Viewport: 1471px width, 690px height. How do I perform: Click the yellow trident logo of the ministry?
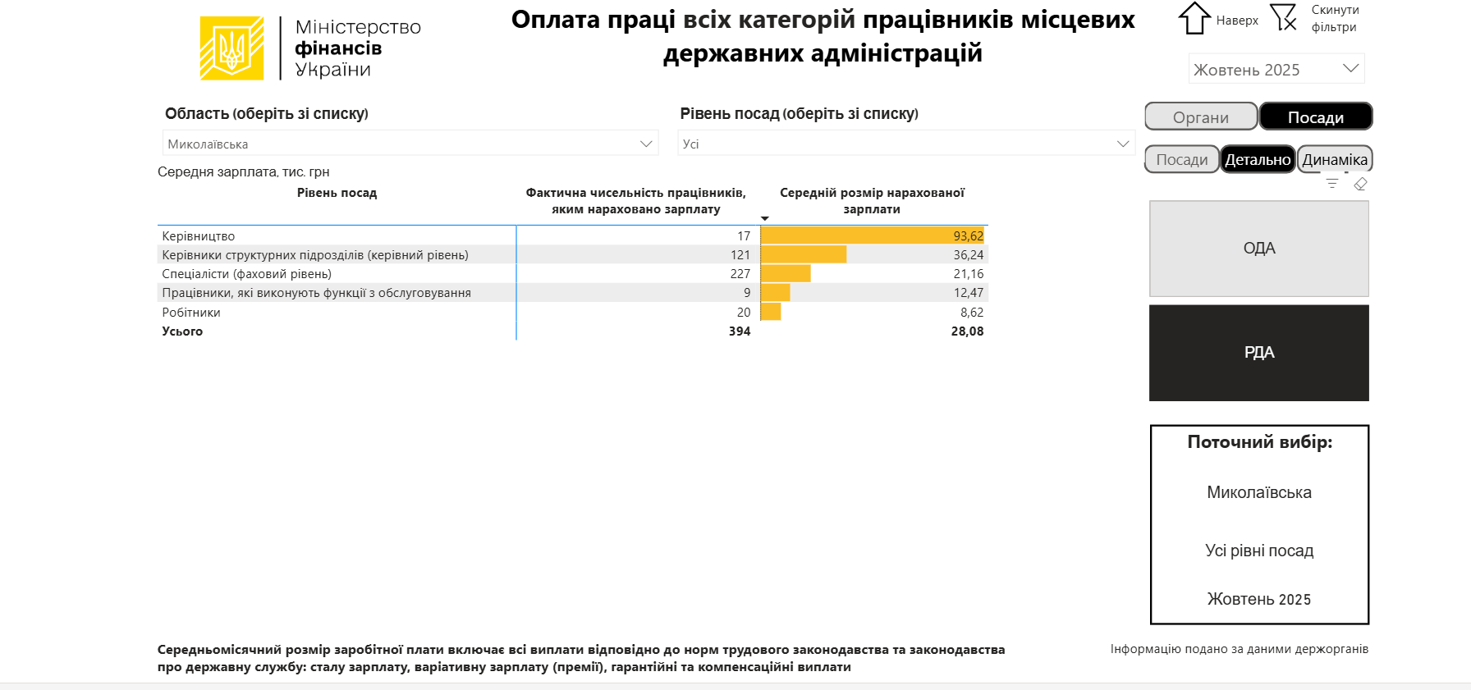point(231,48)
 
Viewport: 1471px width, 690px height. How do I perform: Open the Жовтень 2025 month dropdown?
point(1276,70)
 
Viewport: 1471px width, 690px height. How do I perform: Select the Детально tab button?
point(1258,160)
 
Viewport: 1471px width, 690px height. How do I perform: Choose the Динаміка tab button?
point(1335,160)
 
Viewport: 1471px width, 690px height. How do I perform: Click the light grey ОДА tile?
point(1258,249)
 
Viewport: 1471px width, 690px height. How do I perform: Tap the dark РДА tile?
point(1258,353)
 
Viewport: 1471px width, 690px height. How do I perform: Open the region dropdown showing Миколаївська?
point(410,144)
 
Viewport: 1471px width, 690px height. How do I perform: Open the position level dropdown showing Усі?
point(905,144)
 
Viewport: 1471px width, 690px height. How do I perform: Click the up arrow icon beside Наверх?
point(1194,18)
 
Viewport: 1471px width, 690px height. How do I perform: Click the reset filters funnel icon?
point(1283,17)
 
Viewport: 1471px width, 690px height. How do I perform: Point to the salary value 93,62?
point(968,236)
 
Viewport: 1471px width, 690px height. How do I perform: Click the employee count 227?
point(740,274)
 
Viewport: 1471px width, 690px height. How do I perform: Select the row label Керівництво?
point(199,236)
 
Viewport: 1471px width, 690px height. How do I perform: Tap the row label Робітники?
point(191,313)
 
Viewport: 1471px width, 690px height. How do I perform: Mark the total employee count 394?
point(739,331)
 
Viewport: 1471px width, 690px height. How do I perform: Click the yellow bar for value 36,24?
point(804,255)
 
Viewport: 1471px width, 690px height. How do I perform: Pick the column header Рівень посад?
point(337,193)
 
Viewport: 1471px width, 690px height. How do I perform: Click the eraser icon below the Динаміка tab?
point(1360,184)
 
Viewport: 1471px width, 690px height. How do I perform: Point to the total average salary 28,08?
point(967,331)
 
